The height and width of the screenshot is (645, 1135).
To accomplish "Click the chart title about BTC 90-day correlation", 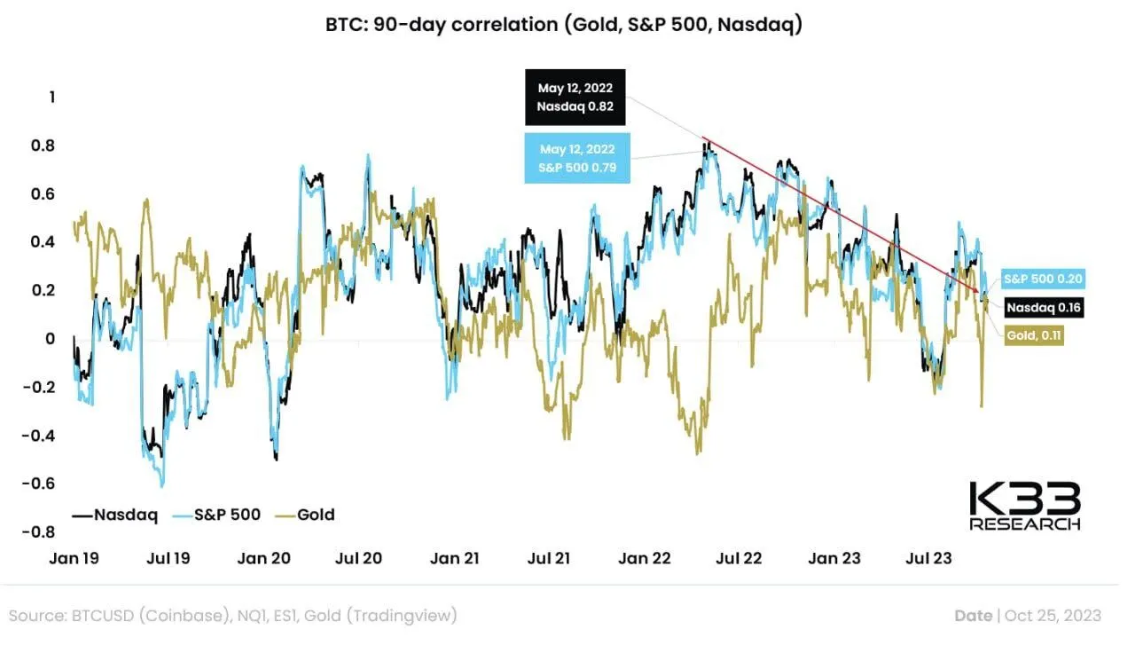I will [x=564, y=25].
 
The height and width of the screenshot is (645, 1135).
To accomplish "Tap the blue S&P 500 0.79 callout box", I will [x=577, y=158].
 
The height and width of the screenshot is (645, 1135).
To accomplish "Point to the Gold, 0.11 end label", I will [x=1034, y=335].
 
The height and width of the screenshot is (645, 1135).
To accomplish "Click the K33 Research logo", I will [x=1025, y=507].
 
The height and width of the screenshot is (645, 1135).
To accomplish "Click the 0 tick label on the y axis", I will [x=51, y=338].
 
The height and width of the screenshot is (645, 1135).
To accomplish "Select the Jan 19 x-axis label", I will [x=74, y=558].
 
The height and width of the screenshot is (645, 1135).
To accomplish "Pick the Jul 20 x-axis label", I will [x=359, y=558].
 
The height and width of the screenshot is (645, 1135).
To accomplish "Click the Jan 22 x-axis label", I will [x=645, y=558].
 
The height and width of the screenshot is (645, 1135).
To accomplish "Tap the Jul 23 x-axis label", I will [x=928, y=558].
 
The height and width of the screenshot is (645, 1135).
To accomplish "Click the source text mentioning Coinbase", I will [x=233, y=615].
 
